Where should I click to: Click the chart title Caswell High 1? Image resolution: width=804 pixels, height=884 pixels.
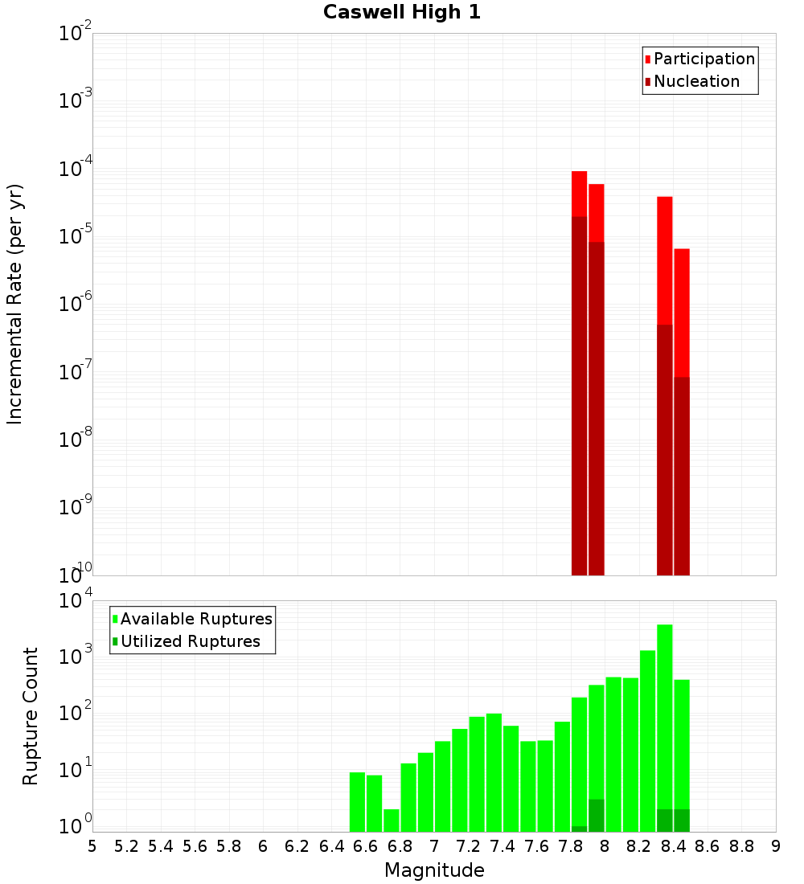pyautogui.click(x=402, y=13)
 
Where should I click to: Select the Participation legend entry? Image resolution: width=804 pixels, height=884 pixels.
pyautogui.click(x=704, y=59)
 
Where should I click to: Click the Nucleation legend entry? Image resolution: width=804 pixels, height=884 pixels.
pyautogui.click(x=696, y=81)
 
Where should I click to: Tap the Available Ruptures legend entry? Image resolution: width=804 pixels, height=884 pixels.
pyautogui.click(x=196, y=619)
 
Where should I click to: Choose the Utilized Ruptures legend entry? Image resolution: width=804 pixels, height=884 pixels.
pyautogui.click(x=190, y=641)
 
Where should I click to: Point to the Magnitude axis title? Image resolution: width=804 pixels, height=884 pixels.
pyautogui.click(x=434, y=870)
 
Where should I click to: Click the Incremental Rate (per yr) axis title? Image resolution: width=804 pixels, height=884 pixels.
pyautogui.click(x=15, y=304)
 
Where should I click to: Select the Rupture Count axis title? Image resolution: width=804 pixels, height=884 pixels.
pyautogui.click(x=31, y=716)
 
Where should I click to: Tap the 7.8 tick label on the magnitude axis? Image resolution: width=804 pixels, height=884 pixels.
pyautogui.click(x=571, y=846)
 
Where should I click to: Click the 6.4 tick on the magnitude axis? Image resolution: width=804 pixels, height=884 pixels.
pyautogui.click(x=331, y=846)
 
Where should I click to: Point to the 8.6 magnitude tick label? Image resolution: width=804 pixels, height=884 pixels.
pyautogui.click(x=708, y=846)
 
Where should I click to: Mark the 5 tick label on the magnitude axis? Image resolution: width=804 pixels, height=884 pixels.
pyautogui.click(x=92, y=846)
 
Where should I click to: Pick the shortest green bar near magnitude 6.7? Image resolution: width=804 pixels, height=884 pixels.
pyautogui.click(x=392, y=820)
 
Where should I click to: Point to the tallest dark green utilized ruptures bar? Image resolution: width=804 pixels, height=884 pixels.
pyautogui.click(x=597, y=815)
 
